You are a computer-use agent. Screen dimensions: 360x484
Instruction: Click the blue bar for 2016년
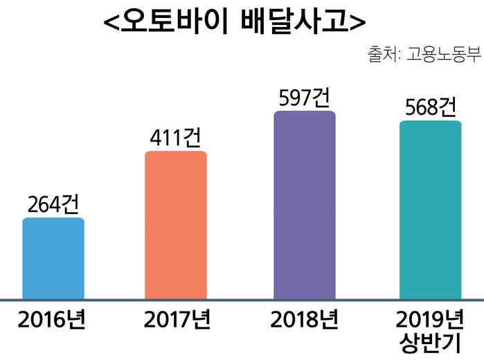(53, 259)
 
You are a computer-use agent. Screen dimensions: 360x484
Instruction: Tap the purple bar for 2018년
(305, 205)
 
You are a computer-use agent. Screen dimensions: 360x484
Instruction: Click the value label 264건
(53, 204)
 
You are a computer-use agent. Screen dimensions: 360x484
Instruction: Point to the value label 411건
(175, 138)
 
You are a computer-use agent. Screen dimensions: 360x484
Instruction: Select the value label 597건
(304, 98)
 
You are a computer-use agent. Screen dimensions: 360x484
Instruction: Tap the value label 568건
(430, 107)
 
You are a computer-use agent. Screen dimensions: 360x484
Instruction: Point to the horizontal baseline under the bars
(242, 300)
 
